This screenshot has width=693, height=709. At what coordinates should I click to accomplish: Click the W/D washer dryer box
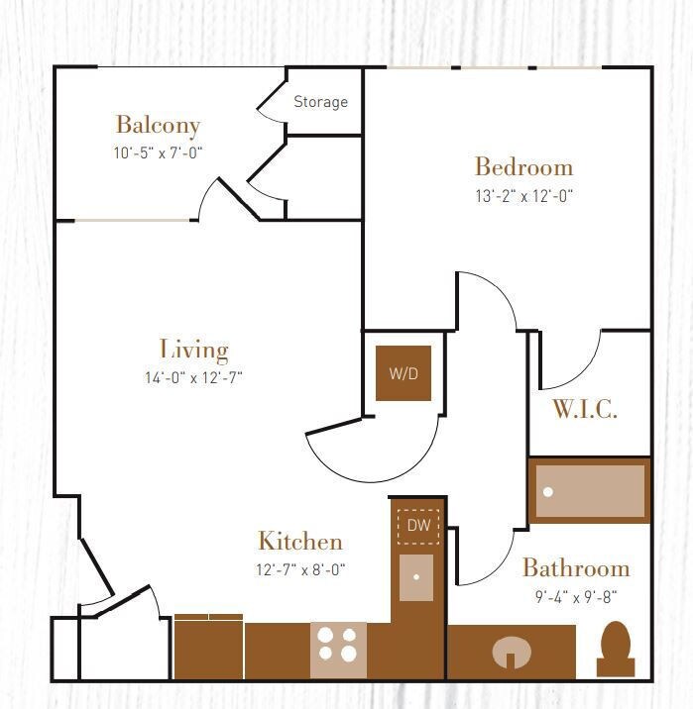(x=404, y=373)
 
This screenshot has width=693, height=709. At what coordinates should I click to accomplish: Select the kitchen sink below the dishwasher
(x=416, y=576)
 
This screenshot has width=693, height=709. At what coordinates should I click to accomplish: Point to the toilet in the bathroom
(x=617, y=649)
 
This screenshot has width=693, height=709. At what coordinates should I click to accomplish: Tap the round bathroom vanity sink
(x=512, y=653)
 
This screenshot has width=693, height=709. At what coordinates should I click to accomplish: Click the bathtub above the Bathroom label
(x=590, y=490)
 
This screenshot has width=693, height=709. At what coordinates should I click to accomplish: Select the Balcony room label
(x=158, y=125)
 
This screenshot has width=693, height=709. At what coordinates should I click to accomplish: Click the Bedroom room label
(x=523, y=165)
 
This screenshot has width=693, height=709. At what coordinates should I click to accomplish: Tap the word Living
(x=193, y=349)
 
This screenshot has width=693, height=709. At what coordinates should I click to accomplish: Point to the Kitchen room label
(x=300, y=541)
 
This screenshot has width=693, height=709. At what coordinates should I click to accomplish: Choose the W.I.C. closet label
(x=585, y=410)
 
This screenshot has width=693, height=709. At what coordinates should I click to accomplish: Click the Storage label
(x=320, y=102)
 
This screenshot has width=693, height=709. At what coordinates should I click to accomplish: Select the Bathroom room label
(x=576, y=568)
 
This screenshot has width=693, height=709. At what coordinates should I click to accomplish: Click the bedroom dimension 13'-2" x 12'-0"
(x=523, y=196)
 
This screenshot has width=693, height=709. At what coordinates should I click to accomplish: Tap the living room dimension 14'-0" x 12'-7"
(x=193, y=377)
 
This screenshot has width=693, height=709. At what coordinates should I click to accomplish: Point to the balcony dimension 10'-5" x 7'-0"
(x=158, y=153)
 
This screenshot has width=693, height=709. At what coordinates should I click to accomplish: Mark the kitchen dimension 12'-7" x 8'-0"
(x=300, y=569)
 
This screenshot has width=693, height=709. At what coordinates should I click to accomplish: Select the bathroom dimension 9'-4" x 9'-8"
(x=576, y=596)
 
